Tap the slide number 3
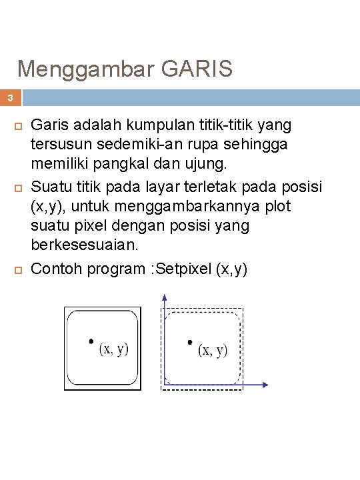[10, 98]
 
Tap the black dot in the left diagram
[91, 341]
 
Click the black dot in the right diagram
[191, 342]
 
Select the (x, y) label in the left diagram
[114, 349]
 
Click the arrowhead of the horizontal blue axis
[265, 385]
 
